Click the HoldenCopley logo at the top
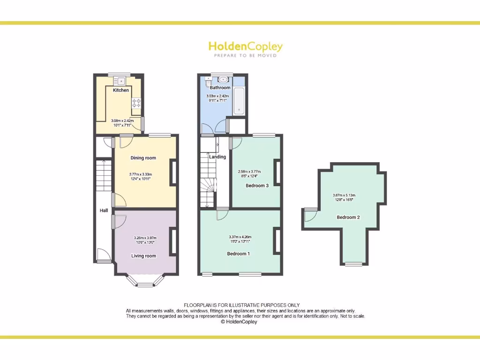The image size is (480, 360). (x=245, y=48)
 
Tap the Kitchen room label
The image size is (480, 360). (x=121, y=90)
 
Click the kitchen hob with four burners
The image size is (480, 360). (x=136, y=103)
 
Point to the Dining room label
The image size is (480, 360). (x=143, y=158)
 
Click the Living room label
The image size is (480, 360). (x=143, y=256)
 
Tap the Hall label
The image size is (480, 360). (x=104, y=210)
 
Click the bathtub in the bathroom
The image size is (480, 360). (x=239, y=101)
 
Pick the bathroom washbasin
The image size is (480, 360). (x=223, y=79)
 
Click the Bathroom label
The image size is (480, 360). (x=220, y=88)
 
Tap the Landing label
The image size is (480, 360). (x=217, y=157)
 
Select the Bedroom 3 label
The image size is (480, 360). (x=257, y=186)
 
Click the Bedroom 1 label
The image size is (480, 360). (x=238, y=254)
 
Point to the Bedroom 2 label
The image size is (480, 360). (x=348, y=217)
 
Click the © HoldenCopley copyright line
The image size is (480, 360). (x=239, y=322)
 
